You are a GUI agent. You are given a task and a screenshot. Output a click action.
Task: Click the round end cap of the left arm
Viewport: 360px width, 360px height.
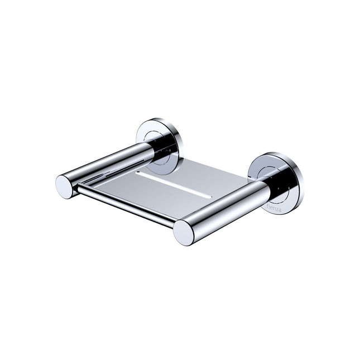pyautogui.click(x=65, y=187)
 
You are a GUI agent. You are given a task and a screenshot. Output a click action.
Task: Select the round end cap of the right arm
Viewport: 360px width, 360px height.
pyautogui.click(x=184, y=232)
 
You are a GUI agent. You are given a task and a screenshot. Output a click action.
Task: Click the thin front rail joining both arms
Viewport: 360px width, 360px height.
pyautogui.click(x=126, y=207)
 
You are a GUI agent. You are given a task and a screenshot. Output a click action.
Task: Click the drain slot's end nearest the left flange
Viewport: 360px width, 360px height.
pyautogui.click(x=139, y=174)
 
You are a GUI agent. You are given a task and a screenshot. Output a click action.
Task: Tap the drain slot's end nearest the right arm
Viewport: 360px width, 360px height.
pyautogui.click(x=210, y=196)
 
